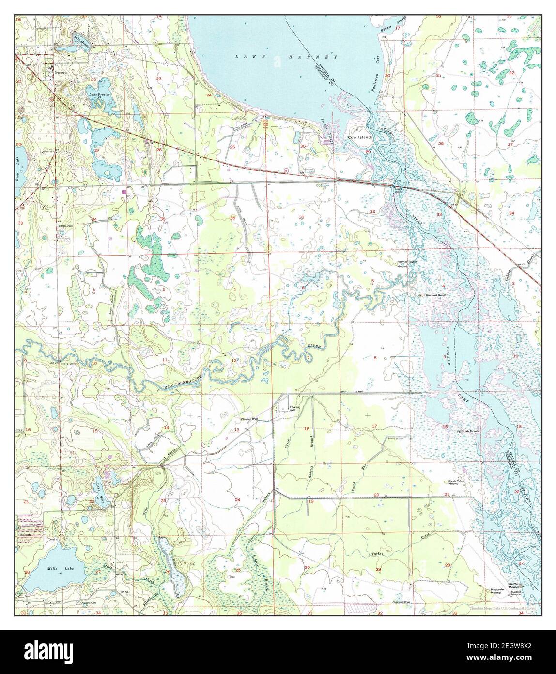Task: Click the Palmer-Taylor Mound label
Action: click(407, 264)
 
